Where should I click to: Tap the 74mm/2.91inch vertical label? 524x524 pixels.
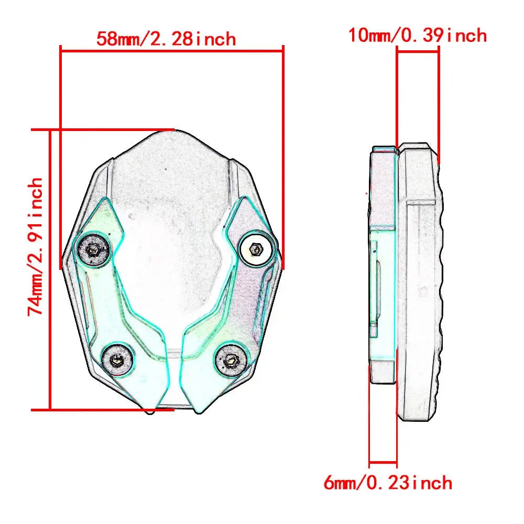tap(36, 246)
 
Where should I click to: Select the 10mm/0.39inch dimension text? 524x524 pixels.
tap(418, 35)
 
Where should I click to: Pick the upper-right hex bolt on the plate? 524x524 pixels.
tap(256, 249)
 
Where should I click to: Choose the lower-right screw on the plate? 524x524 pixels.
tap(230, 360)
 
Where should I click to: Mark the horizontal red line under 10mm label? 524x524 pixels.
tap(418, 49)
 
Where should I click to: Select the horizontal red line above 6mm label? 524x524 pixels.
tap(383, 463)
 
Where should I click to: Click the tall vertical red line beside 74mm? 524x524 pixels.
tap(50, 270)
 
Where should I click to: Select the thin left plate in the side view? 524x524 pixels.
tap(383, 267)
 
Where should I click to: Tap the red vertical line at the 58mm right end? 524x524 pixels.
tap(283, 157)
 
